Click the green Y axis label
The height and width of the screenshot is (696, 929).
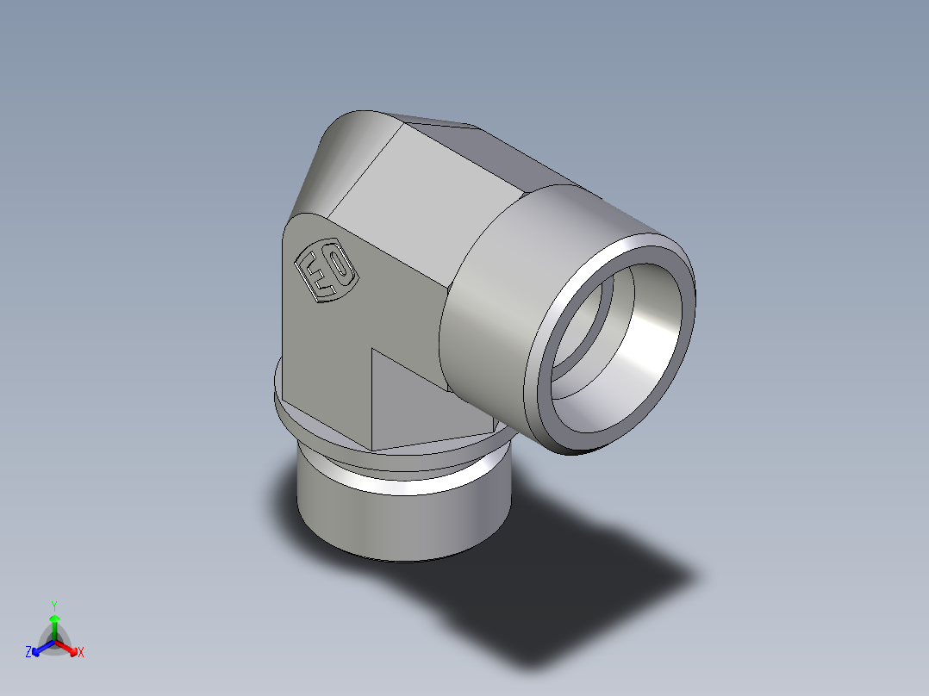point(53,605)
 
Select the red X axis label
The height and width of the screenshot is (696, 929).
point(81,653)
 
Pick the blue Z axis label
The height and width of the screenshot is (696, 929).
point(28,653)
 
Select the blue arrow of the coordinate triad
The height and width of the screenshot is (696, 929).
point(39,648)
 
